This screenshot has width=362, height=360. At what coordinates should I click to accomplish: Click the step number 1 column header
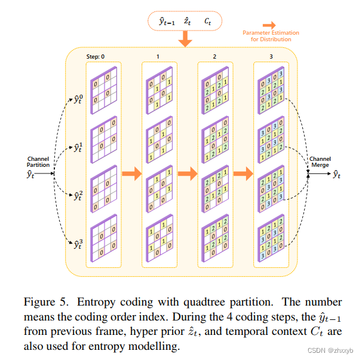(x=158, y=56)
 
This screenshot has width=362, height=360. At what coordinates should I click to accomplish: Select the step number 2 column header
(x=214, y=56)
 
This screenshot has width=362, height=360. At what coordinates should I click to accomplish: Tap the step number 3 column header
(x=271, y=56)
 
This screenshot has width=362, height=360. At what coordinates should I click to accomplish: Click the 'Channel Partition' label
(x=38, y=162)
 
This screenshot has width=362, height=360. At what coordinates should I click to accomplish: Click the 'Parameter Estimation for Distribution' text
(x=271, y=36)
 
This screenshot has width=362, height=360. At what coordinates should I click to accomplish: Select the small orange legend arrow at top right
(x=271, y=25)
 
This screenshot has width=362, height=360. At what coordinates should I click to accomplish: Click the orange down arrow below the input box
(x=185, y=38)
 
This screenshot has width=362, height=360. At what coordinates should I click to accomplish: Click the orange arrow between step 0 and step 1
(x=131, y=175)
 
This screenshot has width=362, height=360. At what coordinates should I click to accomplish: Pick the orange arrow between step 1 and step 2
(x=187, y=175)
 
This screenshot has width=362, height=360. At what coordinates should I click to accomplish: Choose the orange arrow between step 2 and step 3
(x=243, y=175)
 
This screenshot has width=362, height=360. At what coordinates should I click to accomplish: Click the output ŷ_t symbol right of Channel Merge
(x=337, y=175)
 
